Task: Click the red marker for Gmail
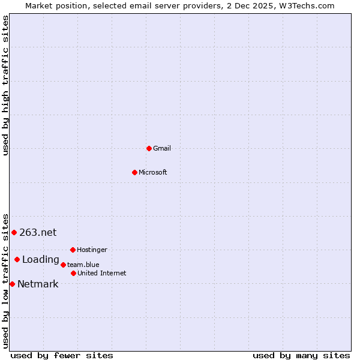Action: (x=149, y=148)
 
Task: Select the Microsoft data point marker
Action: (x=134, y=172)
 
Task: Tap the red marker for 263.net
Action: (x=14, y=232)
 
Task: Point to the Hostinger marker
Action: (x=73, y=250)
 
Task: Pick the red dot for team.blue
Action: (x=63, y=265)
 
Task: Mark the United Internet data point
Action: (x=73, y=273)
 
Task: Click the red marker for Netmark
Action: (x=12, y=284)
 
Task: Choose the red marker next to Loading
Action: (x=17, y=259)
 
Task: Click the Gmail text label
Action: (x=162, y=148)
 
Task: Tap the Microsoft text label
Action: (x=153, y=172)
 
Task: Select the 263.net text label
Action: (x=38, y=232)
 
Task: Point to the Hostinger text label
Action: (x=92, y=250)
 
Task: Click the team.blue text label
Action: (x=83, y=265)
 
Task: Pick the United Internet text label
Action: (x=102, y=273)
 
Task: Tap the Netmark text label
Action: (x=38, y=284)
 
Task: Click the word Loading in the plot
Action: (x=41, y=260)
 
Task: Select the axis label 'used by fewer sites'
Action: (x=62, y=355)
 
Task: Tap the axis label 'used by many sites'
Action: (x=301, y=355)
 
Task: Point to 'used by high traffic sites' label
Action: (x=5, y=85)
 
